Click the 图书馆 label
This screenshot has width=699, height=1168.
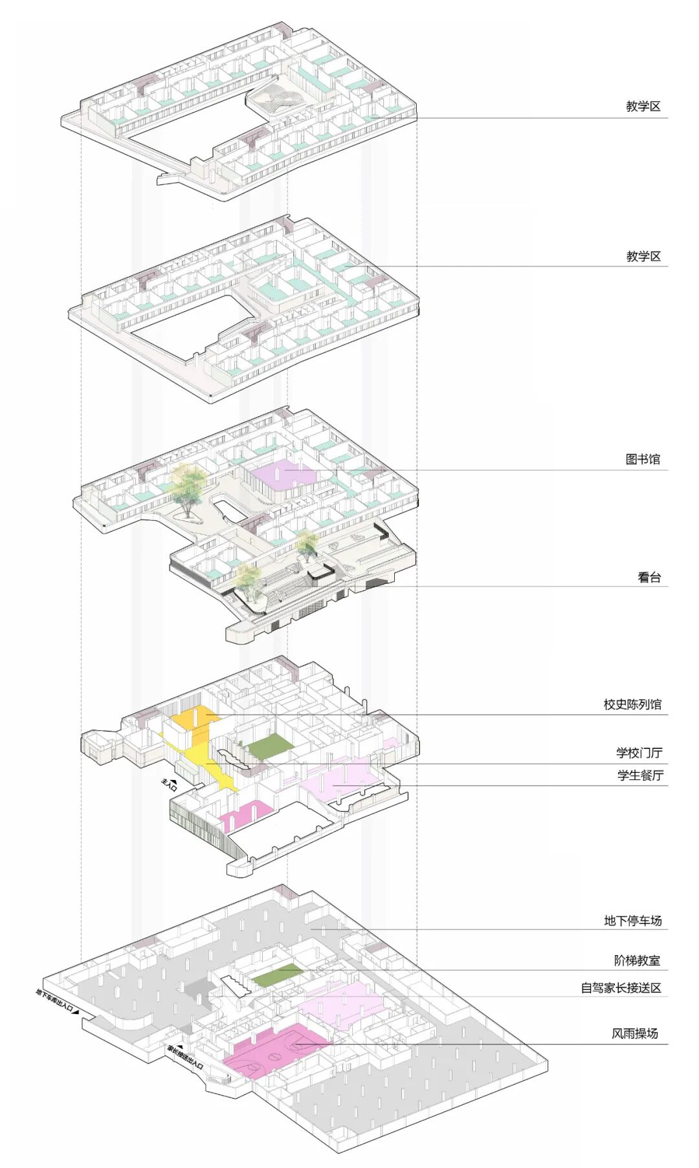click(643, 459)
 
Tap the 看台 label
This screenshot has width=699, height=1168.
click(649, 577)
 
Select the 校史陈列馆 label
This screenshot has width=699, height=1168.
click(632, 704)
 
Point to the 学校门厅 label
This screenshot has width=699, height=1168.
click(639, 753)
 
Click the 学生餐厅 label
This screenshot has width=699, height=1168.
click(640, 775)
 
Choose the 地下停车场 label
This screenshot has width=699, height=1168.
click(632, 920)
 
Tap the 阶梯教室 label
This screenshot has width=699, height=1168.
click(637, 960)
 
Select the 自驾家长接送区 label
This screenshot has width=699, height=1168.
click(621, 988)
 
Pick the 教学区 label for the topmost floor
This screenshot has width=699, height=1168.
click(643, 107)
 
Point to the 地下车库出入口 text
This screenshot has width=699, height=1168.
click(56, 1002)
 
